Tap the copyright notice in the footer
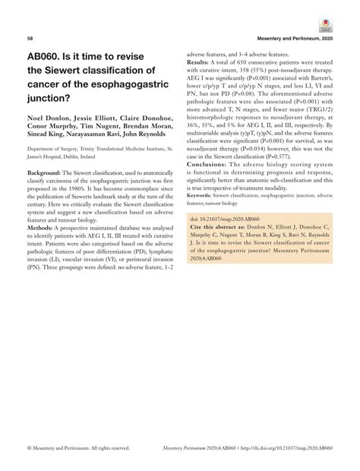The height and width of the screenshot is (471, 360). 77,448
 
